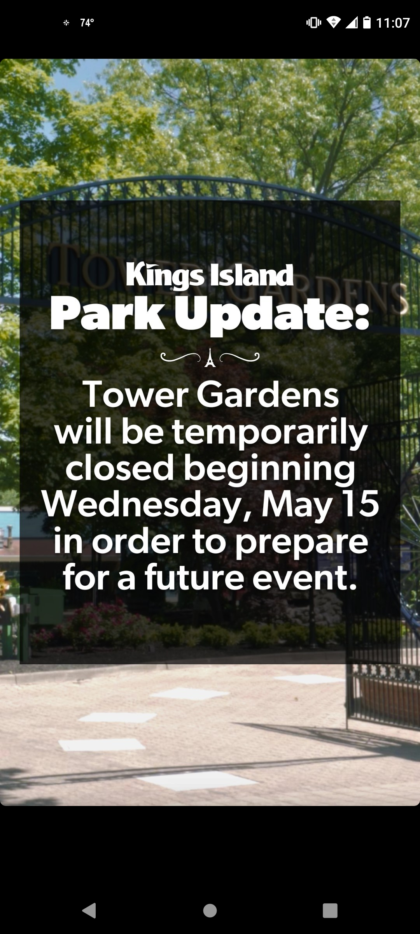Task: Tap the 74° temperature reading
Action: pos(87,23)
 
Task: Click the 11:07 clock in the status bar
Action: pos(393,23)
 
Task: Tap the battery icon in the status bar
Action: pos(367,22)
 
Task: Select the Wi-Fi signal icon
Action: pos(333,22)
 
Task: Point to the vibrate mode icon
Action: pos(314,23)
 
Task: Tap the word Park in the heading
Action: pos(108,314)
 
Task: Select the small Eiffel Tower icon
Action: pos(210,358)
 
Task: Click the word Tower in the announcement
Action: pos(136,394)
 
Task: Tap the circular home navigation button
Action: pos(210,911)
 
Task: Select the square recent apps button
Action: pos(330,911)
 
